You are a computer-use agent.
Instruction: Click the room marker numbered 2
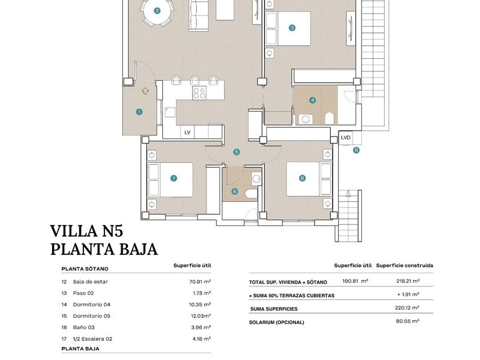(157, 11)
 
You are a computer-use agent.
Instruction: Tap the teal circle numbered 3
(292, 28)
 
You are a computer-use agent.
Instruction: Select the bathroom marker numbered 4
(312, 100)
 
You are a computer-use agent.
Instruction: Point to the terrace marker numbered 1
(139, 112)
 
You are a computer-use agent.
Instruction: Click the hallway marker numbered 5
(237, 152)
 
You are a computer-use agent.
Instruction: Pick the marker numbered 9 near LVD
(356, 150)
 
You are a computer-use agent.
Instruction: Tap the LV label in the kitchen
(187, 133)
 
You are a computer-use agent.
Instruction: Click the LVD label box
(346, 138)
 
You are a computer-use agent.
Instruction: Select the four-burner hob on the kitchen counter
(199, 93)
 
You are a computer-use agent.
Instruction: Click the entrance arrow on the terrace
(145, 91)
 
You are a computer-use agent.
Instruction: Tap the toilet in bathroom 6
(251, 193)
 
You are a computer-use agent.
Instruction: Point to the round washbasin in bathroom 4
(305, 119)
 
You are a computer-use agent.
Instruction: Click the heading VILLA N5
(87, 231)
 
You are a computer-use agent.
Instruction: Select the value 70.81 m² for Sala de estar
(200, 282)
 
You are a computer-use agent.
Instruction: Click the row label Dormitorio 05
(91, 316)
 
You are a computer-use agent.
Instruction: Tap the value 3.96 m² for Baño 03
(201, 327)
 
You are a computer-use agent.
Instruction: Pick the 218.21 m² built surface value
(408, 281)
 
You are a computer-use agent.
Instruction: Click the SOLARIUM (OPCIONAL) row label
(277, 322)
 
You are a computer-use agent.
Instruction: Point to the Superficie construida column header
(405, 265)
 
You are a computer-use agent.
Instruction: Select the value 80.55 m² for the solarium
(407, 321)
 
